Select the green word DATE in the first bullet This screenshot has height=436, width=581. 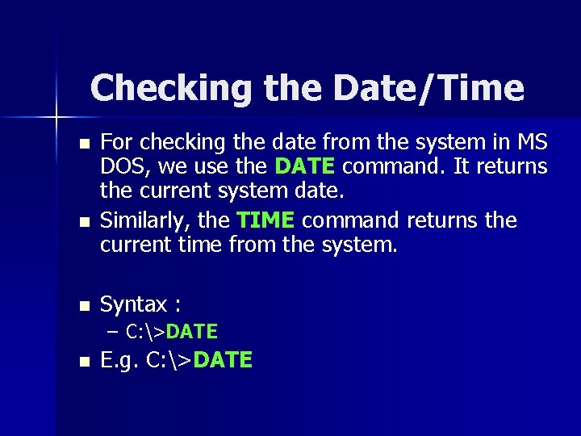point(305,167)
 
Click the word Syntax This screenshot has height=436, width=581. point(132,304)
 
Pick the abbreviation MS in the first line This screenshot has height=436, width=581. point(530,142)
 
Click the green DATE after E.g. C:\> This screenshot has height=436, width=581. point(224,360)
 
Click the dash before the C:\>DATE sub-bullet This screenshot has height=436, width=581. point(111,331)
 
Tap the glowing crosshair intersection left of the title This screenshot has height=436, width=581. point(57,118)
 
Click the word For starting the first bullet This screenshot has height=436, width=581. point(117,142)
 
